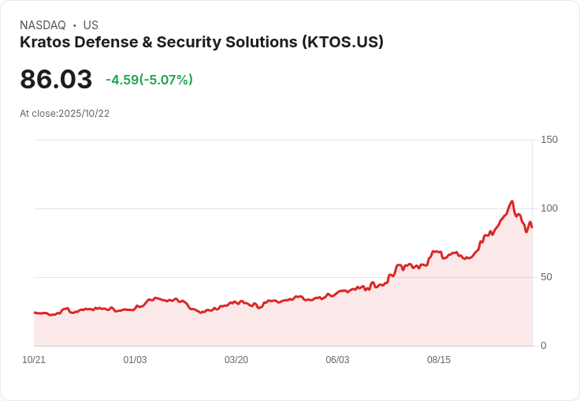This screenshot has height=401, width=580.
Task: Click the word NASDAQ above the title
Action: pyautogui.click(x=43, y=25)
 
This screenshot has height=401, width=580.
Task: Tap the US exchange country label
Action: pyautogui.click(x=91, y=25)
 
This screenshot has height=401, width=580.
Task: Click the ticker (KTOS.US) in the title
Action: pyautogui.click(x=343, y=43)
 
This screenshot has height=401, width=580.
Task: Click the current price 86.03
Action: pyautogui.click(x=56, y=79)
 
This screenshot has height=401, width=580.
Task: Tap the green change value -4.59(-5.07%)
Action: pyautogui.click(x=149, y=80)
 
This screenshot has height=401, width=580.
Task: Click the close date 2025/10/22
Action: pyautogui.click(x=84, y=114)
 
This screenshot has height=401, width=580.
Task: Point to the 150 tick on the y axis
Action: pyautogui.click(x=549, y=140)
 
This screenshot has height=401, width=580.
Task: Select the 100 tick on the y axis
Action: pyautogui.click(x=549, y=208)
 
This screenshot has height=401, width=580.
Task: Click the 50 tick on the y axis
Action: pyautogui.click(x=546, y=277)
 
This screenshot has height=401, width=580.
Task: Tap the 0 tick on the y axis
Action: pyautogui.click(x=544, y=346)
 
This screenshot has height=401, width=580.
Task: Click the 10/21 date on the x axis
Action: pyautogui.click(x=34, y=360)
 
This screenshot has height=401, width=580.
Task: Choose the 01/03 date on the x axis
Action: pyautogui.click(x=135, y=360)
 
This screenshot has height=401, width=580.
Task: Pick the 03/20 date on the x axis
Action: pyautogui.click(x=236, y=360)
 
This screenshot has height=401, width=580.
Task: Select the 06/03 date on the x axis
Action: pyautogui.click(x=337, y=360)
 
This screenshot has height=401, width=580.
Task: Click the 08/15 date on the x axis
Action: pyautogui.click(x=439, y=360)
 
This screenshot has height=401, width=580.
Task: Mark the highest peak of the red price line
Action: pyautogui.click(x=512, y=201)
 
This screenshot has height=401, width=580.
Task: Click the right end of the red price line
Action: pyautogui.click(x=532, y=227)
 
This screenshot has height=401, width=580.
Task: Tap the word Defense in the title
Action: pyautogui.click(x=106, y=43)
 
